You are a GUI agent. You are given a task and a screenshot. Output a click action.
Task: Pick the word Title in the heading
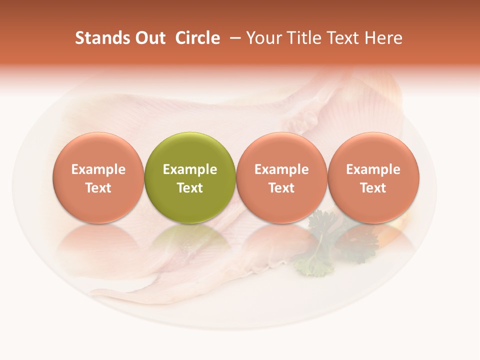(x=302, y=38)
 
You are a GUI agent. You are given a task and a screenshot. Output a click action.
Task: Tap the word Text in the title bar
(x=342, y=38)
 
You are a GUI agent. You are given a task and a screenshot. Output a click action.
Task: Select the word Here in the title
(x=383, y=38)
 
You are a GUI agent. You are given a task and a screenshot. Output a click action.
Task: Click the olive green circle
(x=190, y=150)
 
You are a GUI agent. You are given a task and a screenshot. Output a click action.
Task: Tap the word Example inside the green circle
(x=190, y=169)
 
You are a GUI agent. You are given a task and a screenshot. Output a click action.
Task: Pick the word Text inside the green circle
(x=190, y=188)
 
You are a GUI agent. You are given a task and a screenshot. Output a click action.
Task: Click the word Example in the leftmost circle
(x=98, y=169)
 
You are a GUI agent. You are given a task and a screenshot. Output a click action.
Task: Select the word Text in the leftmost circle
(x=98, y=188)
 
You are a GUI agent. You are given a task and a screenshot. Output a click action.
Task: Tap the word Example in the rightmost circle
(x=373, y=169)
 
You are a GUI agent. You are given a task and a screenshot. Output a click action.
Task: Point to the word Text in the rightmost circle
(x=373, y=188)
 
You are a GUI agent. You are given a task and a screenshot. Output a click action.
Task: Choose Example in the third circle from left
(x=281, y=169)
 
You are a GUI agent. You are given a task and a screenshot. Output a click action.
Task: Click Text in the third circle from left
(x=281, y=188)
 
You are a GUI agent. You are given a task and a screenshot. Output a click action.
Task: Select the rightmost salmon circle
(x=373, y=150)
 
